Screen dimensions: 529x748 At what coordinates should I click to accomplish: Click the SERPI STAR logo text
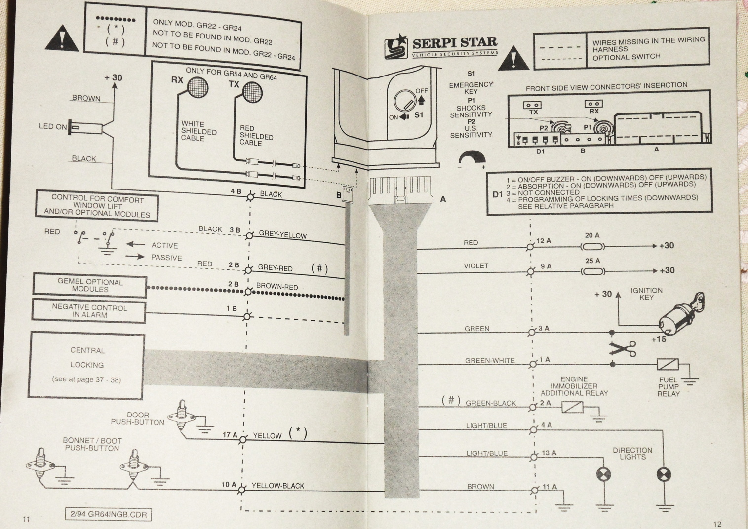tap(454, 42)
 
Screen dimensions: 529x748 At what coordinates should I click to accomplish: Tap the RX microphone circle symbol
tap(197, 88)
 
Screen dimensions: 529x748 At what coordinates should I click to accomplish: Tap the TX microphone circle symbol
tap(251, 91)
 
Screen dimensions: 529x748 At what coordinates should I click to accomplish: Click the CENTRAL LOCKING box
tap(87, 365)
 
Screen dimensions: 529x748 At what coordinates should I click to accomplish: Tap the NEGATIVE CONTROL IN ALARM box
tap(89, 311)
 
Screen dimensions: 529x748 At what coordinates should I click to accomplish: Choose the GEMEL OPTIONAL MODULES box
tap(89, 286)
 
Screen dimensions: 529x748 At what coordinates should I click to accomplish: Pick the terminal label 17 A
tap(230, 435)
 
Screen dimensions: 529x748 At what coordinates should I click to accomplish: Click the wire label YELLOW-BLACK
tap(277, 486)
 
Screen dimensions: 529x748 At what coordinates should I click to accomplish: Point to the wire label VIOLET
tap(476, 266)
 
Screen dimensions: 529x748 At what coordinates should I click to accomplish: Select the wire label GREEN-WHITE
tap(490, 360)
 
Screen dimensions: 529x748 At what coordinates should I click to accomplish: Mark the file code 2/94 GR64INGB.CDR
tap(108, 514)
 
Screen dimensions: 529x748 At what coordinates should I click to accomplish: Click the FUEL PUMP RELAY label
tap(669, 387)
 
